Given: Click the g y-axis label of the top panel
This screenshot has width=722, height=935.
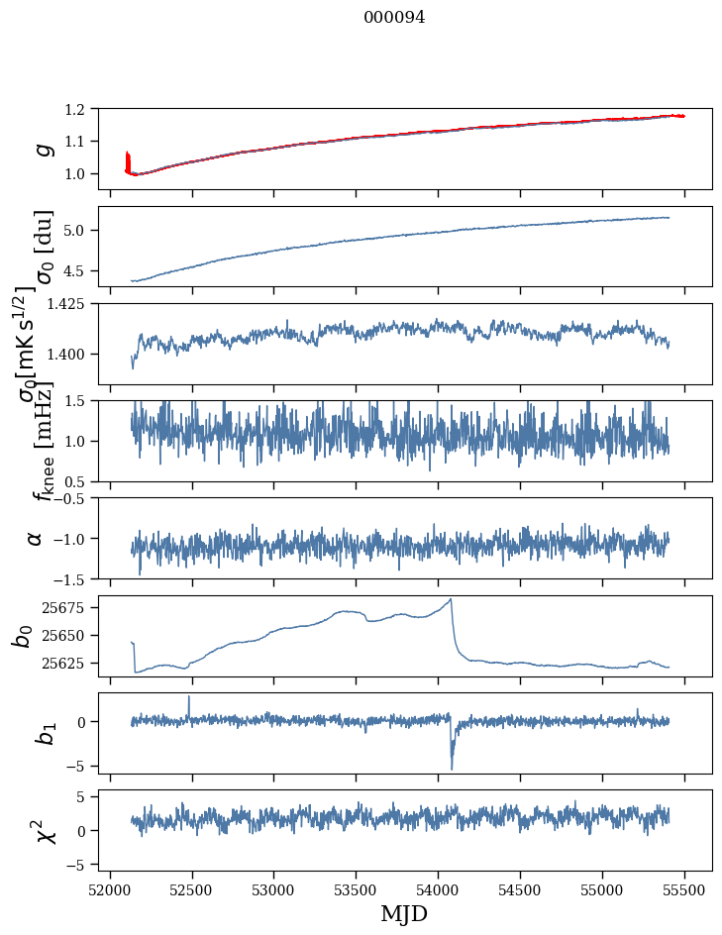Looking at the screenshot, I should tap(43, 149).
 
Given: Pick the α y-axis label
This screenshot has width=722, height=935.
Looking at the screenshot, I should tap(36, 538).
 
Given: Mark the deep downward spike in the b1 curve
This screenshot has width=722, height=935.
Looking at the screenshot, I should tap(452, 767).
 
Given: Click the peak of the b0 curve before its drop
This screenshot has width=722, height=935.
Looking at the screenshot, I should tap(451, 599).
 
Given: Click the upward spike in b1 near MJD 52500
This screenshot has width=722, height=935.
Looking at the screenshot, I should tap(189, 697).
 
